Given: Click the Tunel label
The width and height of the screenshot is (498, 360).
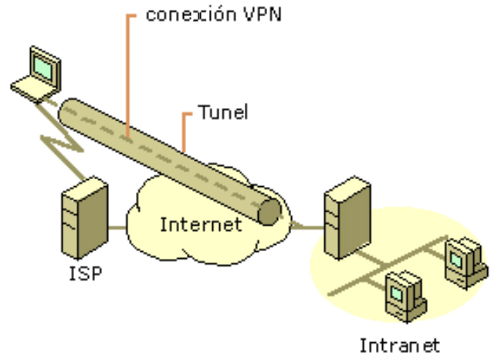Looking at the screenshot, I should [x=223, y=113].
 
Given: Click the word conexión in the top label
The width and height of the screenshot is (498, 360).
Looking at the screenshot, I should [x=185, y=15].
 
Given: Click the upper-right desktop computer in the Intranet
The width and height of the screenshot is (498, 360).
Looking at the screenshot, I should [x=466, y=259].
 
